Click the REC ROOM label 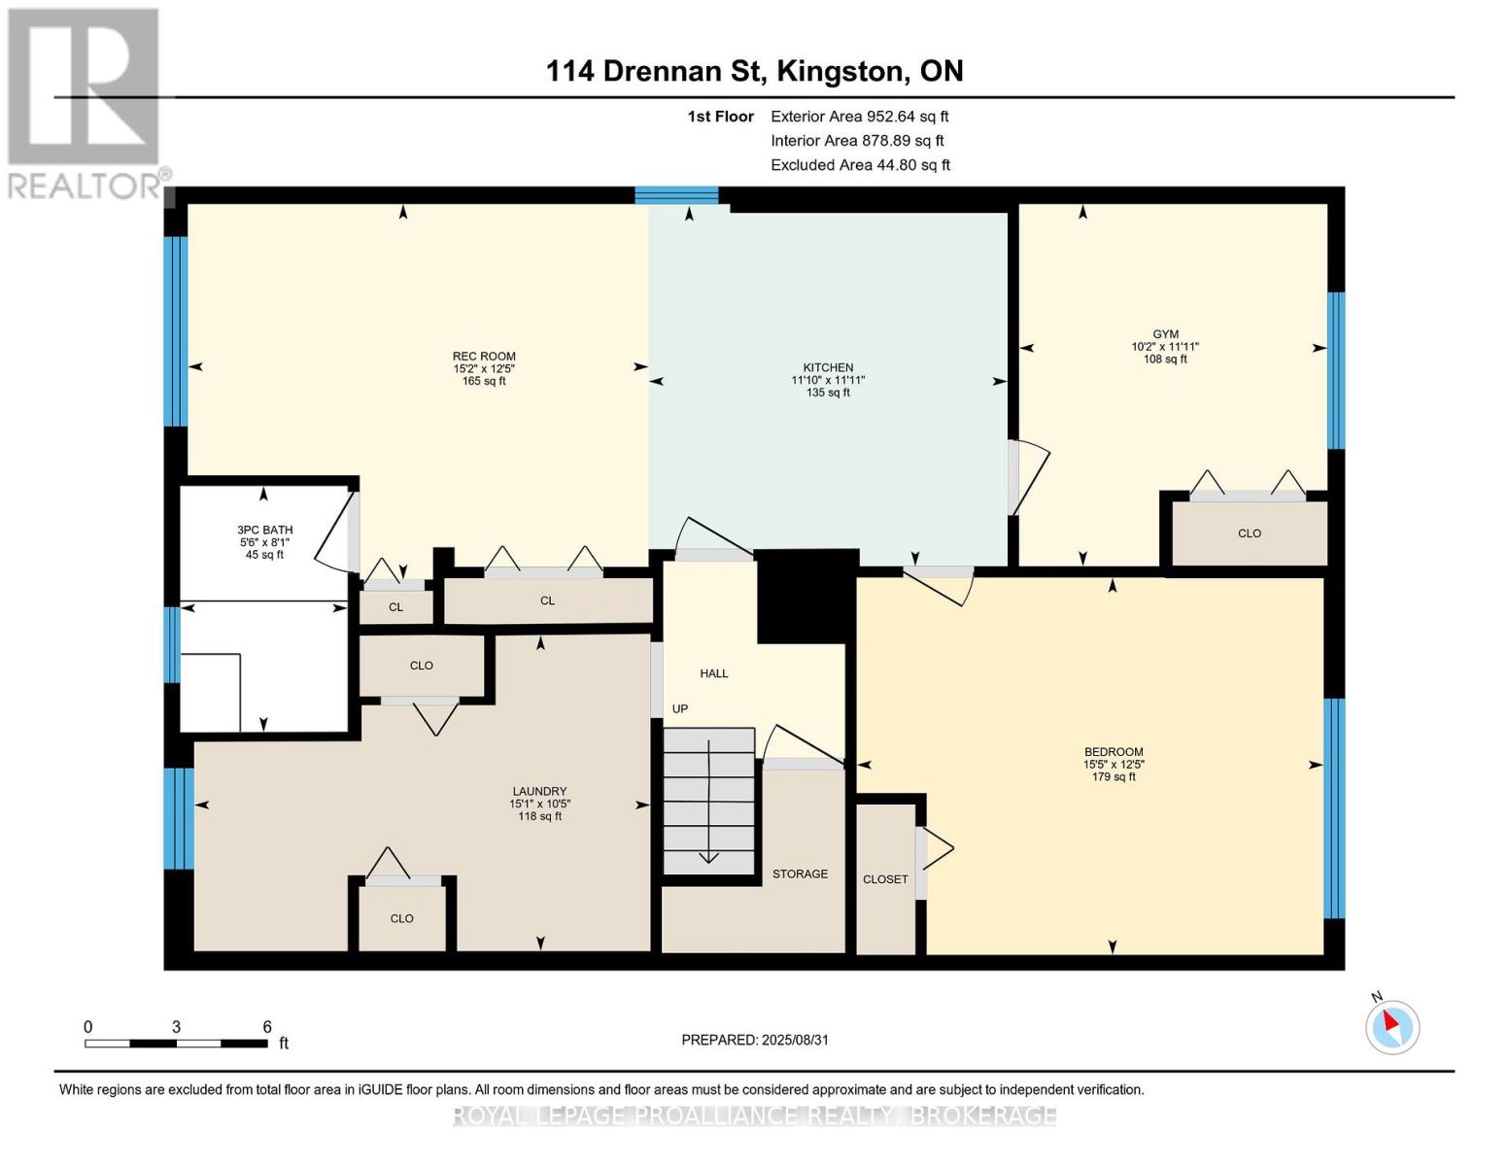[x=484, y=357]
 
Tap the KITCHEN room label [x=828, y=368]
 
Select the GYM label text [x=1165, y=334]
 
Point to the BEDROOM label [x=1114, y=752]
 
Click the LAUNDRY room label [x=539, y=792]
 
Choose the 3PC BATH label [x=265, y=531]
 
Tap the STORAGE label [x=800, y=874]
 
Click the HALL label [x=714, y=673]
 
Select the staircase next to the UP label [x=709, y=802]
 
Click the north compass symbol [x=1391, y=1026]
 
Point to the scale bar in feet [x=176, y=1044]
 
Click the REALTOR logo [x=85, y=102]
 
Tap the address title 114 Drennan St [x=754, y=71]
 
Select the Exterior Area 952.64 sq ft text [x=859, y=117]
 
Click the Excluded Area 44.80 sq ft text [x=860, y=165]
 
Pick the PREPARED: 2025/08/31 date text [x=755, y=1040]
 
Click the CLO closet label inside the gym [x=1250, y=533]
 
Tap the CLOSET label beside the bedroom [x=885, y=879]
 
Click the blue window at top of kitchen [x=676, y=195]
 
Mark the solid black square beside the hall [x=806, y=596]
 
